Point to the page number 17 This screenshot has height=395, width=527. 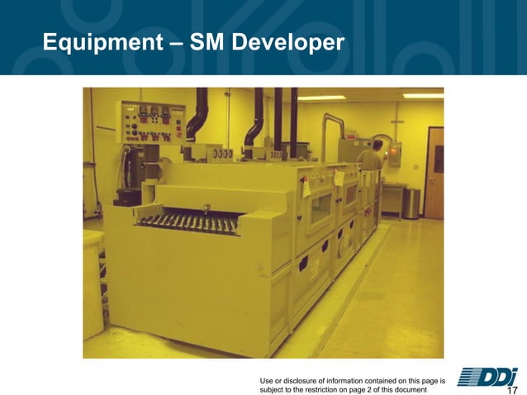pos(511,389)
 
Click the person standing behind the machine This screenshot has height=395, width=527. pos(374,157)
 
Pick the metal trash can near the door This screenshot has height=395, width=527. pos(411,203)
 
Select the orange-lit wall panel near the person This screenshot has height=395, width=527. pos(396,150)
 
